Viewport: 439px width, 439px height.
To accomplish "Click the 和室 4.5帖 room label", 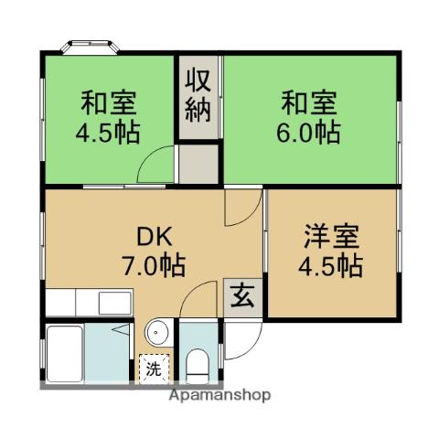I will tap(109, 116).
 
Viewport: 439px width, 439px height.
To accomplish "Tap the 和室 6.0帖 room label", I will tap(309, 116).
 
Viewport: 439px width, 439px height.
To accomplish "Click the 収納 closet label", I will tap(199, 96).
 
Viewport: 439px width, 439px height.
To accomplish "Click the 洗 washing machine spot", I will tap(153, 369).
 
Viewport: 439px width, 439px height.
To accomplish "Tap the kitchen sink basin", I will tap(113, 301).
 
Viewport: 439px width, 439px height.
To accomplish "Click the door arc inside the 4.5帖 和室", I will tap(155, 165).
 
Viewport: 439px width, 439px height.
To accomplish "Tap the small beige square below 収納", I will tap(198, 165).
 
